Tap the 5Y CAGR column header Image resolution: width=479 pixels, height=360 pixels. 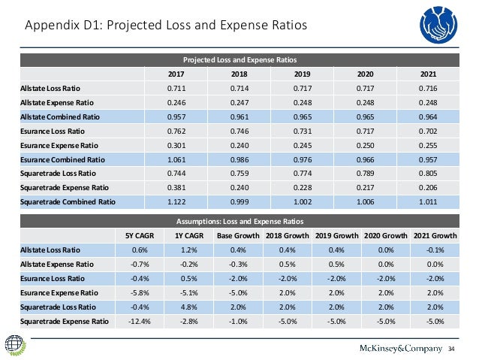coord(140,235)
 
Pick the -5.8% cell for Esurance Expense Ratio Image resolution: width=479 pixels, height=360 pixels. coord(140,292)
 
